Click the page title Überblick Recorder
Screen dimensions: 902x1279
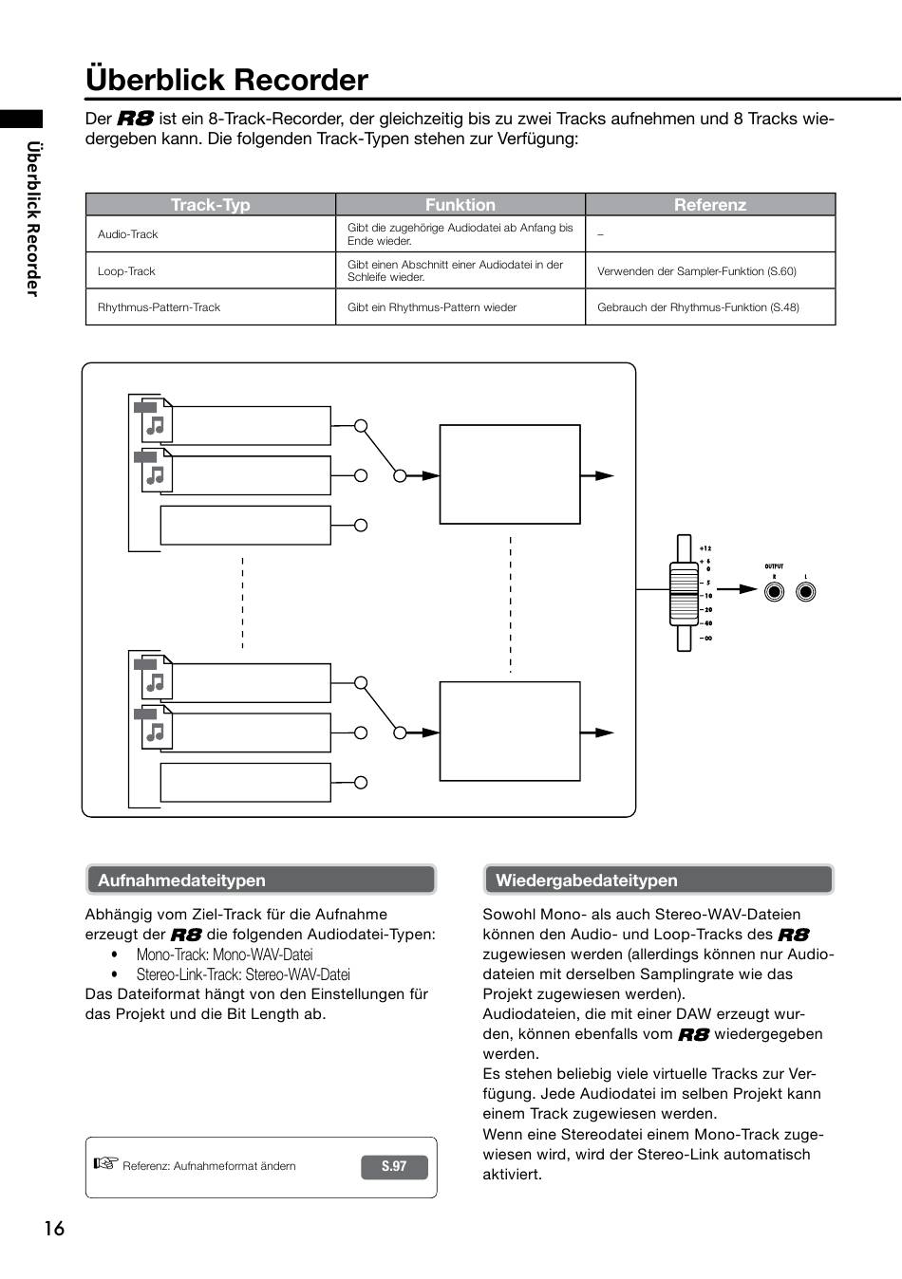[227, 80]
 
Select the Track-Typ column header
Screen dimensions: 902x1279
[210, 204]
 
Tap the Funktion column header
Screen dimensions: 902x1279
[460, 204]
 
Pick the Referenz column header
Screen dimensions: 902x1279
[710, 204]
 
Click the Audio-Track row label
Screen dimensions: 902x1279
[127, 234]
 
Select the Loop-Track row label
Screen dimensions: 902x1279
[126, 271]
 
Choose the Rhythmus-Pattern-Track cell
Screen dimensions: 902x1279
[159, 307]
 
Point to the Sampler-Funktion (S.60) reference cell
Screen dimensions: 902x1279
[696, 271]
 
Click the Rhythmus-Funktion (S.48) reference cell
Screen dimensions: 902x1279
[698, 307]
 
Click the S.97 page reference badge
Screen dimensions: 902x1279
[394, 1166]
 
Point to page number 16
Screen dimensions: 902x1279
[54, 1229]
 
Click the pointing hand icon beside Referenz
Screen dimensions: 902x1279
[105, 1162]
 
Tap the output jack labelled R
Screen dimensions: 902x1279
[774, 592]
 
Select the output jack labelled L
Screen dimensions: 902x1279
[805, 592]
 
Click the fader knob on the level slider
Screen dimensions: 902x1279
[684, 594]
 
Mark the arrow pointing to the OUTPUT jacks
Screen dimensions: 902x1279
[737, 589]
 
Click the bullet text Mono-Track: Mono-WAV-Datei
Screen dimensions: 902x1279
[224, 955]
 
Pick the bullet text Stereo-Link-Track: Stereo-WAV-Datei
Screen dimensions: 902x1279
[243, 974]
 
